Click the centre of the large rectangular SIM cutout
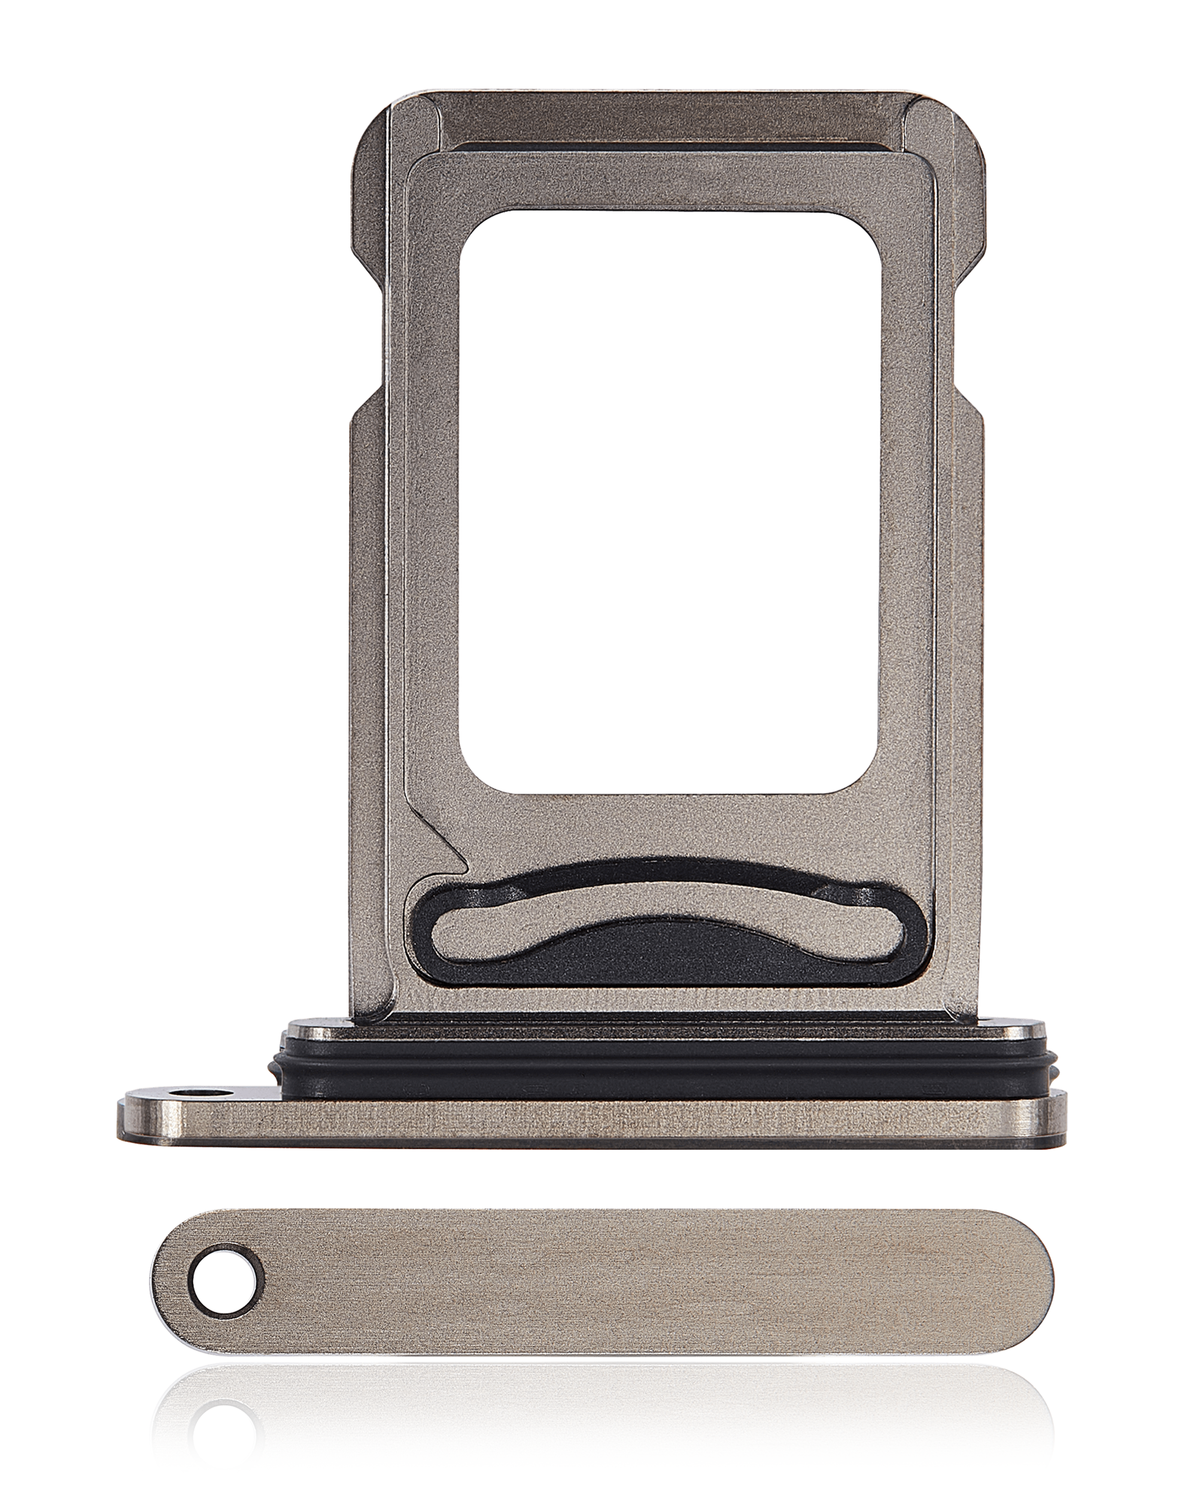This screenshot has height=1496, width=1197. click(670, 500)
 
